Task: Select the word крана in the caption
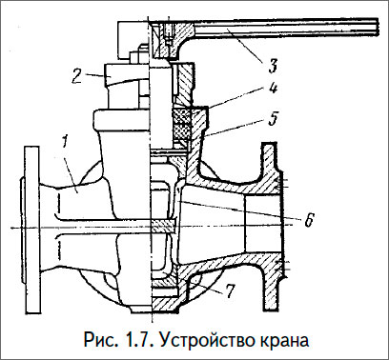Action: [x=287, y=338]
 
